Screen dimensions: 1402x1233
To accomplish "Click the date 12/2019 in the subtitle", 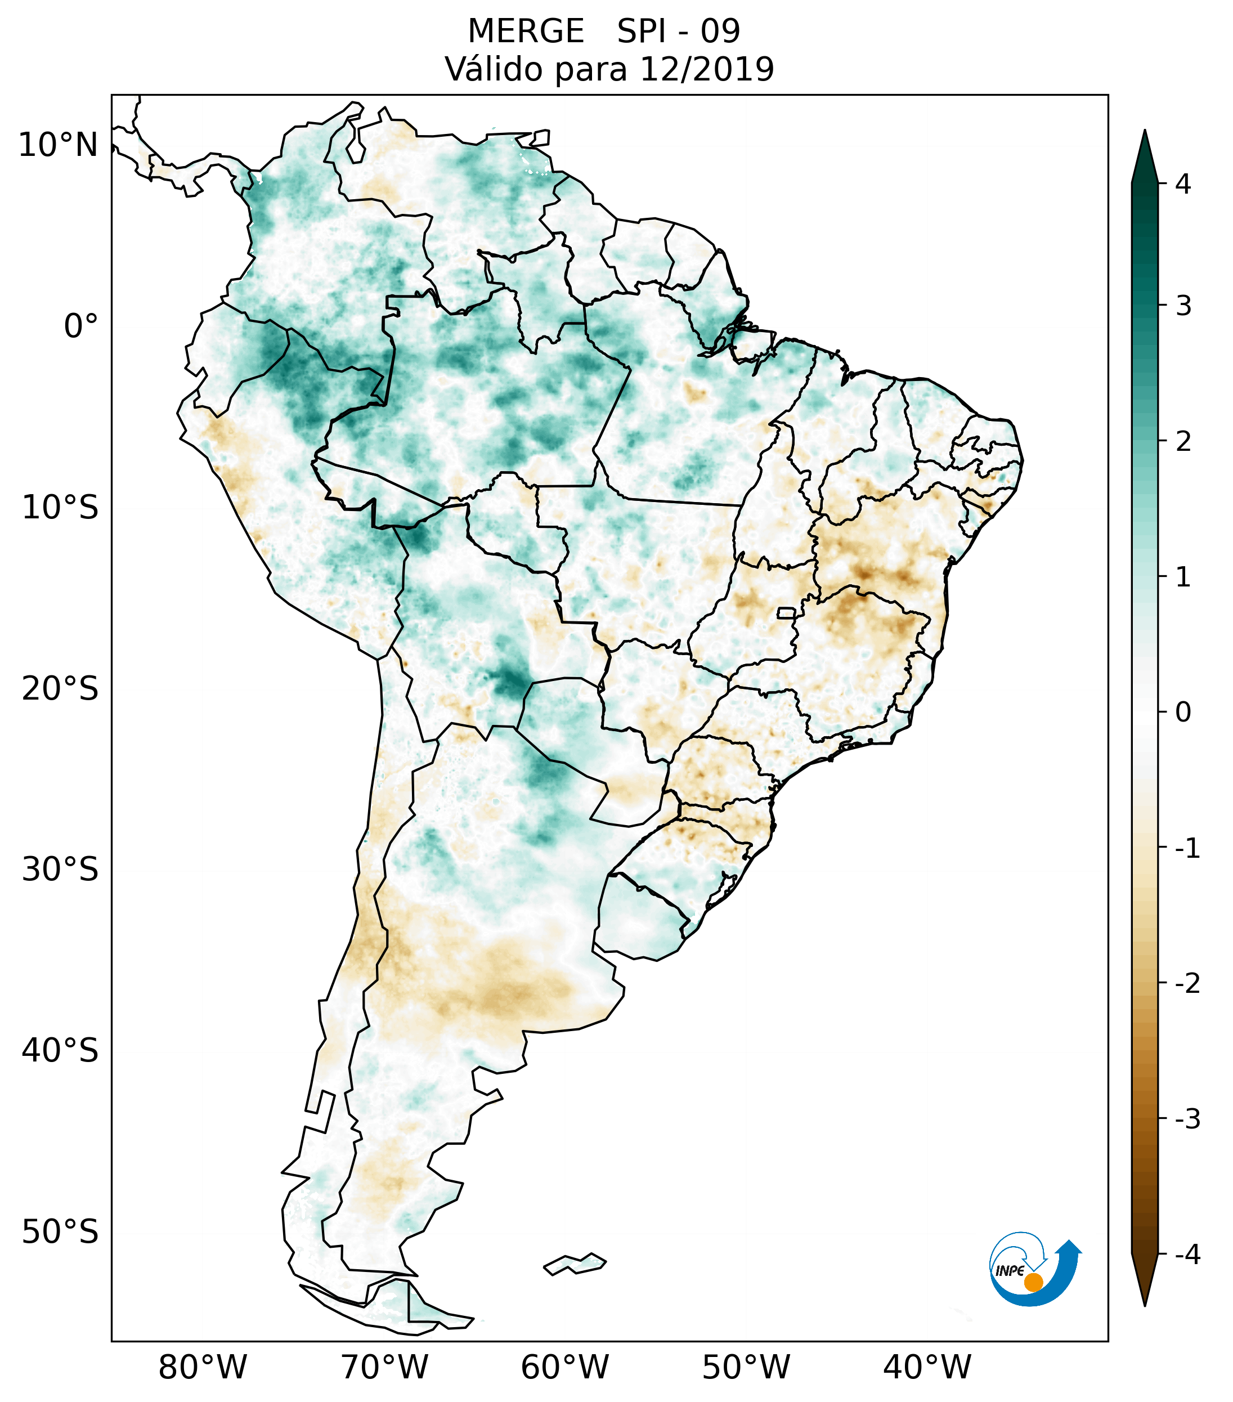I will click(706, 69).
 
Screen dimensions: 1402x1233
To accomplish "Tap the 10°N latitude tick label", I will click(59, 145).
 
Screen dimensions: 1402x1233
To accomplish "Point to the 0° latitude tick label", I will click(81, 326).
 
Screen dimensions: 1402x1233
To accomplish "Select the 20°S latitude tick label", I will click(60, 689).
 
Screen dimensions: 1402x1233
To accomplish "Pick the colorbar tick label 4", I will click(1183, 184).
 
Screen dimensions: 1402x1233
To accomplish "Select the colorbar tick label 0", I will click(1183, 713).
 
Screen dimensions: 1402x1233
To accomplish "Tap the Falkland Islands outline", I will click(575, 1264).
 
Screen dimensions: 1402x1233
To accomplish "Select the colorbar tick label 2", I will click(1183, 442).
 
